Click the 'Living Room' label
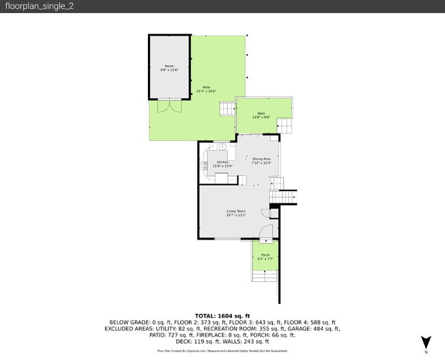click(236, 211)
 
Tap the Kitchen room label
click(222, 162)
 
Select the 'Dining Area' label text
click(262, 159)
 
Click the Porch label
click(265, 255)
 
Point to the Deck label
click(261, 113)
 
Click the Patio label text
click(206, 87)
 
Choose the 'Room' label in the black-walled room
click(168, 66)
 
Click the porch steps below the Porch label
click(265, 276)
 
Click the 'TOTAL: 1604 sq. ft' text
click(222, 316)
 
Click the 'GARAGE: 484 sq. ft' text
click(313, 328)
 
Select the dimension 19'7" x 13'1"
click(236, 215)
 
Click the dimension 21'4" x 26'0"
click(206, 91)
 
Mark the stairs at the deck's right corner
click(284, 126)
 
